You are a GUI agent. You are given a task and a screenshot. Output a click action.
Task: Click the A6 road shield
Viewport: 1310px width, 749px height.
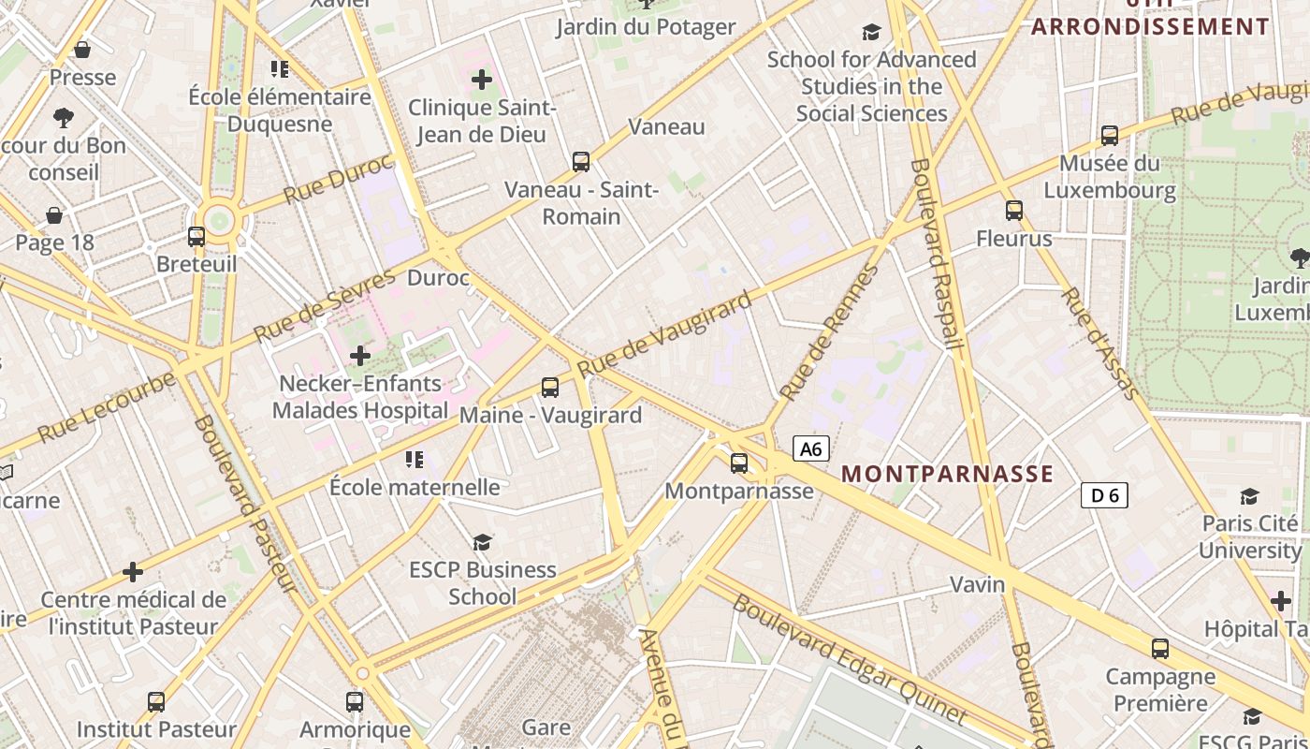811,449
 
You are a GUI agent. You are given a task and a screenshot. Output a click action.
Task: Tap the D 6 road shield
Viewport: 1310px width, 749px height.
1104,495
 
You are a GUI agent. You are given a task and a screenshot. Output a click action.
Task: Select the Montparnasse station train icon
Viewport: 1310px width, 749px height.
739,463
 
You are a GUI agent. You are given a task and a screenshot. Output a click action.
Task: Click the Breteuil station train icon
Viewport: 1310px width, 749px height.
196,236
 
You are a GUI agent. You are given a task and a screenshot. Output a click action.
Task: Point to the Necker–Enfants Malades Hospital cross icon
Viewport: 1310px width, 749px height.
360,355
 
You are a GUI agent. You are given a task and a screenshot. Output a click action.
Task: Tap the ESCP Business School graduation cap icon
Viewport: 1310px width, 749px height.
482,542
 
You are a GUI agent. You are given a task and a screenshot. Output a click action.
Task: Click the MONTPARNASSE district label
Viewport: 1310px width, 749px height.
947,474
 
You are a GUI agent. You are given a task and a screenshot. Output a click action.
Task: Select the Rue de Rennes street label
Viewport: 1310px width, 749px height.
830,332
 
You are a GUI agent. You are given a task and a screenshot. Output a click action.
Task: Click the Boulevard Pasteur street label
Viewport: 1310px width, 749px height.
245,504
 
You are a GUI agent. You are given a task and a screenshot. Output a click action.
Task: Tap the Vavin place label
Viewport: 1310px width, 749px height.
977,585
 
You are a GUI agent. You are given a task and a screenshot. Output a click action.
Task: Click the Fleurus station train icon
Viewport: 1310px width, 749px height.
1014,211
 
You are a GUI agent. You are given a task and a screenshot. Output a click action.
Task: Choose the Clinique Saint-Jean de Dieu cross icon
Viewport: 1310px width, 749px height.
482,80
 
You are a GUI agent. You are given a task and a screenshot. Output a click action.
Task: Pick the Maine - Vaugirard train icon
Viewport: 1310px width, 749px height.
550,387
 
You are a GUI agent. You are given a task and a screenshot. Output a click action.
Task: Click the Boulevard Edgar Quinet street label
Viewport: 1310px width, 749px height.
850,659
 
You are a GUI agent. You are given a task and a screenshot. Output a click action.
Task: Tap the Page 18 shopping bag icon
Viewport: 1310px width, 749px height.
55,215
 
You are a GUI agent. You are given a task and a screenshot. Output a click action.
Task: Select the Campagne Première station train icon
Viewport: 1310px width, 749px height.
1160,648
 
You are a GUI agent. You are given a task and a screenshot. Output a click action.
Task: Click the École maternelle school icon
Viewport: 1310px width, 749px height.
414,459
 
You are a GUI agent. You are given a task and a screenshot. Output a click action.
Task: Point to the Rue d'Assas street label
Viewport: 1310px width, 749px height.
1101,344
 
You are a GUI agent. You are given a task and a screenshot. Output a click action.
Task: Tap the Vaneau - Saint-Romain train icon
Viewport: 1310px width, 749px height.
581,162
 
